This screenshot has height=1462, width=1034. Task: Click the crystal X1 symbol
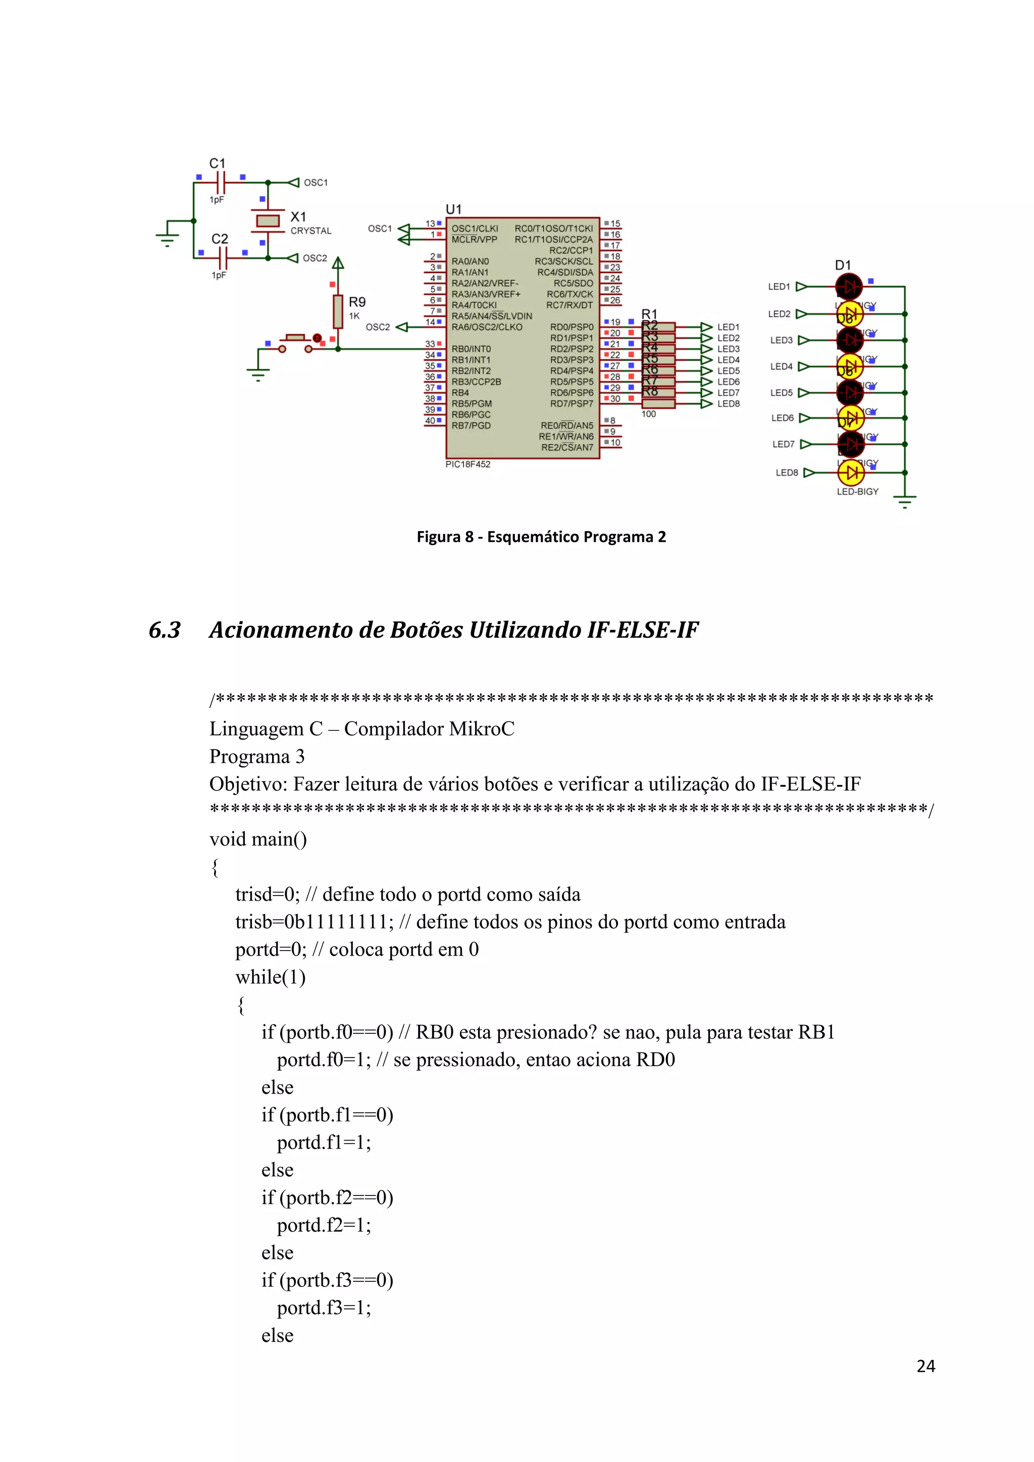pyautogui.click(x=268, y=220)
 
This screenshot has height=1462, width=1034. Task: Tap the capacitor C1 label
pyautogui.click(x=217, y=163)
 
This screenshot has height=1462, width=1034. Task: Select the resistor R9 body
pyautogui.click(x=338, y=311)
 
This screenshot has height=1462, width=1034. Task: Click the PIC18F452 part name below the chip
pyautogui.click(x=468, y=464)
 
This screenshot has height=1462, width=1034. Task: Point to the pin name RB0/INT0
pyautogui.click(x=471, y=349)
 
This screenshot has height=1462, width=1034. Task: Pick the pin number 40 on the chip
pyautogui.click(x=430, y=420)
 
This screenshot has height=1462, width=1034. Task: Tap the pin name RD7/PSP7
pyautogui.click(x=571, y=404)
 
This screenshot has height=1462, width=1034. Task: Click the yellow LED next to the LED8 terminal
pyautogui.click(x=851, y=473)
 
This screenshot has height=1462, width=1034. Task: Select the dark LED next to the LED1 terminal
pyautogui.click(x=849, y=287)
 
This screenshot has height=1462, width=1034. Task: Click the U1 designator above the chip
pyautogui.click(x=453, y=210)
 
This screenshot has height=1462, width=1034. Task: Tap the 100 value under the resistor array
pyautogui.click(x=648, y=414)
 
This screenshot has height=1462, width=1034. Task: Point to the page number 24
pyautogui.click(x=925, y=1366)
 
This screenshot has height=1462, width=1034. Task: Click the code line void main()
pyautogui.click(x=258, y=839)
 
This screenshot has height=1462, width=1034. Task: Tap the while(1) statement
pyautogui.click(x=270, y=977)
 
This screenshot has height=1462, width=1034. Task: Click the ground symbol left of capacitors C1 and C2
pyautogui.click(x=168, y=237)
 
